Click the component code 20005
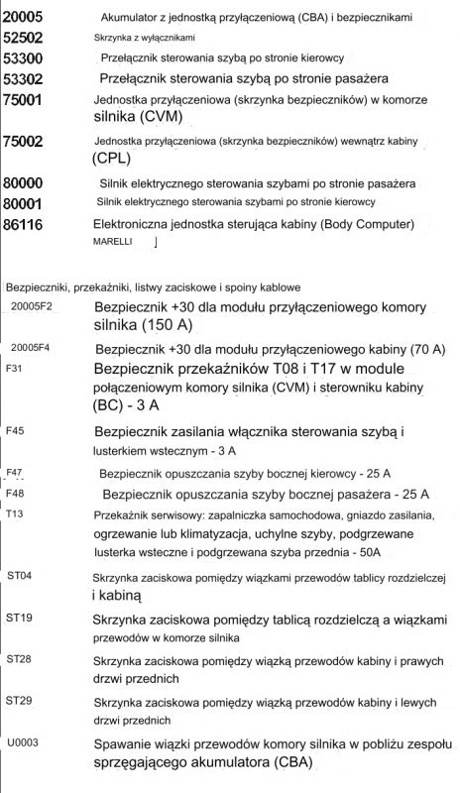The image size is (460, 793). click(25, 18)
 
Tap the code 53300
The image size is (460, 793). click(25, 58)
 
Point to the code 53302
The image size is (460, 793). click(25, 78)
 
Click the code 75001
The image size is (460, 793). click(25, 101)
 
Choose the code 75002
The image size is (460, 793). click(25, 143)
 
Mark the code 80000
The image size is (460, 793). click(25, 183)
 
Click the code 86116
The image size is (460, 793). click(25, 225)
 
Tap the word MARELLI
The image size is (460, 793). click(111, 241)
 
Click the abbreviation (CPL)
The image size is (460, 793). click(117, 159)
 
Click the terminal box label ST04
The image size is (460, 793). click(19, 576)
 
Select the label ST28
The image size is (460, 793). click(19, 659)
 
